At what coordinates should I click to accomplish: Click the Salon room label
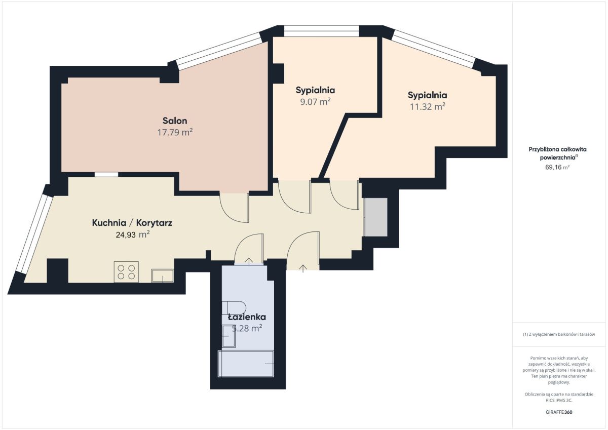click(x=175, y=121)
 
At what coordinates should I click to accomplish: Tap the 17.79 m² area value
click(x=175, y=132)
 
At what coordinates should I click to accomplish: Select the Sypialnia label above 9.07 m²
click(x=315, y=90)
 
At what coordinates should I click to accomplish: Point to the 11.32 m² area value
click(x=428, y=107)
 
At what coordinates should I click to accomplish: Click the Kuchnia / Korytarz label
click(x=132, y=223)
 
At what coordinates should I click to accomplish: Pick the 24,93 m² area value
click(x=133, y=234)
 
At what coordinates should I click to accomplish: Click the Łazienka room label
click(x=247, y=317)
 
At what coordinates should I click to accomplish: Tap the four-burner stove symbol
click(x=126, y=272)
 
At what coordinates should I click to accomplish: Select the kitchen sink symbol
click(x=163, y=276)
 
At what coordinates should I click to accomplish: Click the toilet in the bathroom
click(x=234, y=308)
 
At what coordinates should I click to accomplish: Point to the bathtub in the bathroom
click(x=246, y=364)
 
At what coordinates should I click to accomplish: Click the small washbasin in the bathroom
click(x=229, y=336)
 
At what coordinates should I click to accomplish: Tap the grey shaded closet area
click(x=375, y=217)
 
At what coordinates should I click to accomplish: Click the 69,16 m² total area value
click(x=557, y=167)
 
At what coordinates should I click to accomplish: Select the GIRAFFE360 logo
click(x=559, y=412)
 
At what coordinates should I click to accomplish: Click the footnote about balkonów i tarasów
click(x=559, y=334)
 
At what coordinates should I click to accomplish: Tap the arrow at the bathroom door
click(x=249, y=261)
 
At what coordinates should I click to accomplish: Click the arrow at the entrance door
click(x=303, y=268)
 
